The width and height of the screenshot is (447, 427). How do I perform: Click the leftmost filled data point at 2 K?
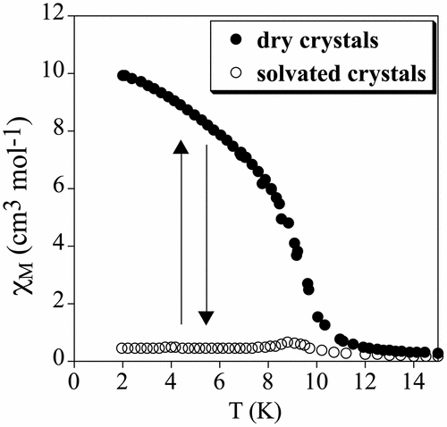click(x=122, y=76)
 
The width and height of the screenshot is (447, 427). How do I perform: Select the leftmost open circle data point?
click(x=122, y=347)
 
